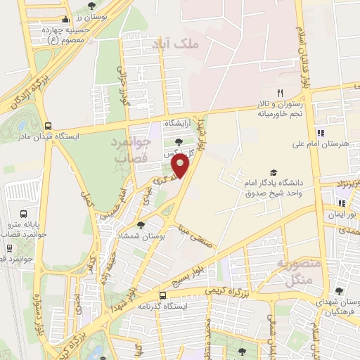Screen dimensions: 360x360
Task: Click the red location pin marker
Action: point(181,167)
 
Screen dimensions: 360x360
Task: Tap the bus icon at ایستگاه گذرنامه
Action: point(163,295)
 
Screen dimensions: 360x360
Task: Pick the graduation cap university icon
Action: point(273,173)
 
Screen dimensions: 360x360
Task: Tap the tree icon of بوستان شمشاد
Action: point(141,225)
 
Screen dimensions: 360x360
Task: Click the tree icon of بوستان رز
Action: point(92,6)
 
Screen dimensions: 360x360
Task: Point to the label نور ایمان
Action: point(341,212)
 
